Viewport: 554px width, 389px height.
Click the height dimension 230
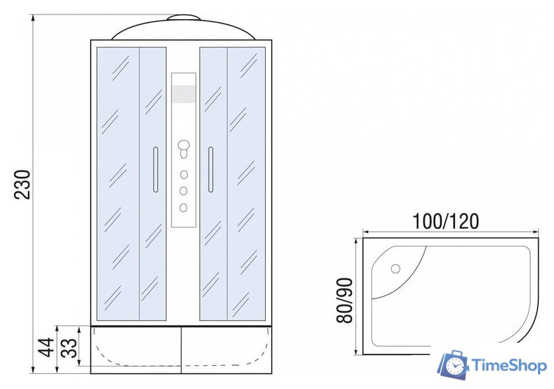[22, 185]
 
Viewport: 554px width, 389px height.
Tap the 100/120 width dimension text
[446, 220]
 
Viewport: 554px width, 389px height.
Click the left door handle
[155, 170]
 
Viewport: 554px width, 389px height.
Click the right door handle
[210, 170]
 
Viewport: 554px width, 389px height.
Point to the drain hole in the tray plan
[396, 268]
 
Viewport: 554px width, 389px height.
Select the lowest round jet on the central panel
[184, 208]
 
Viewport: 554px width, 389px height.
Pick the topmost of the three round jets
[184, 175]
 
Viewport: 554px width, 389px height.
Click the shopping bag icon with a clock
[453, 367]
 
